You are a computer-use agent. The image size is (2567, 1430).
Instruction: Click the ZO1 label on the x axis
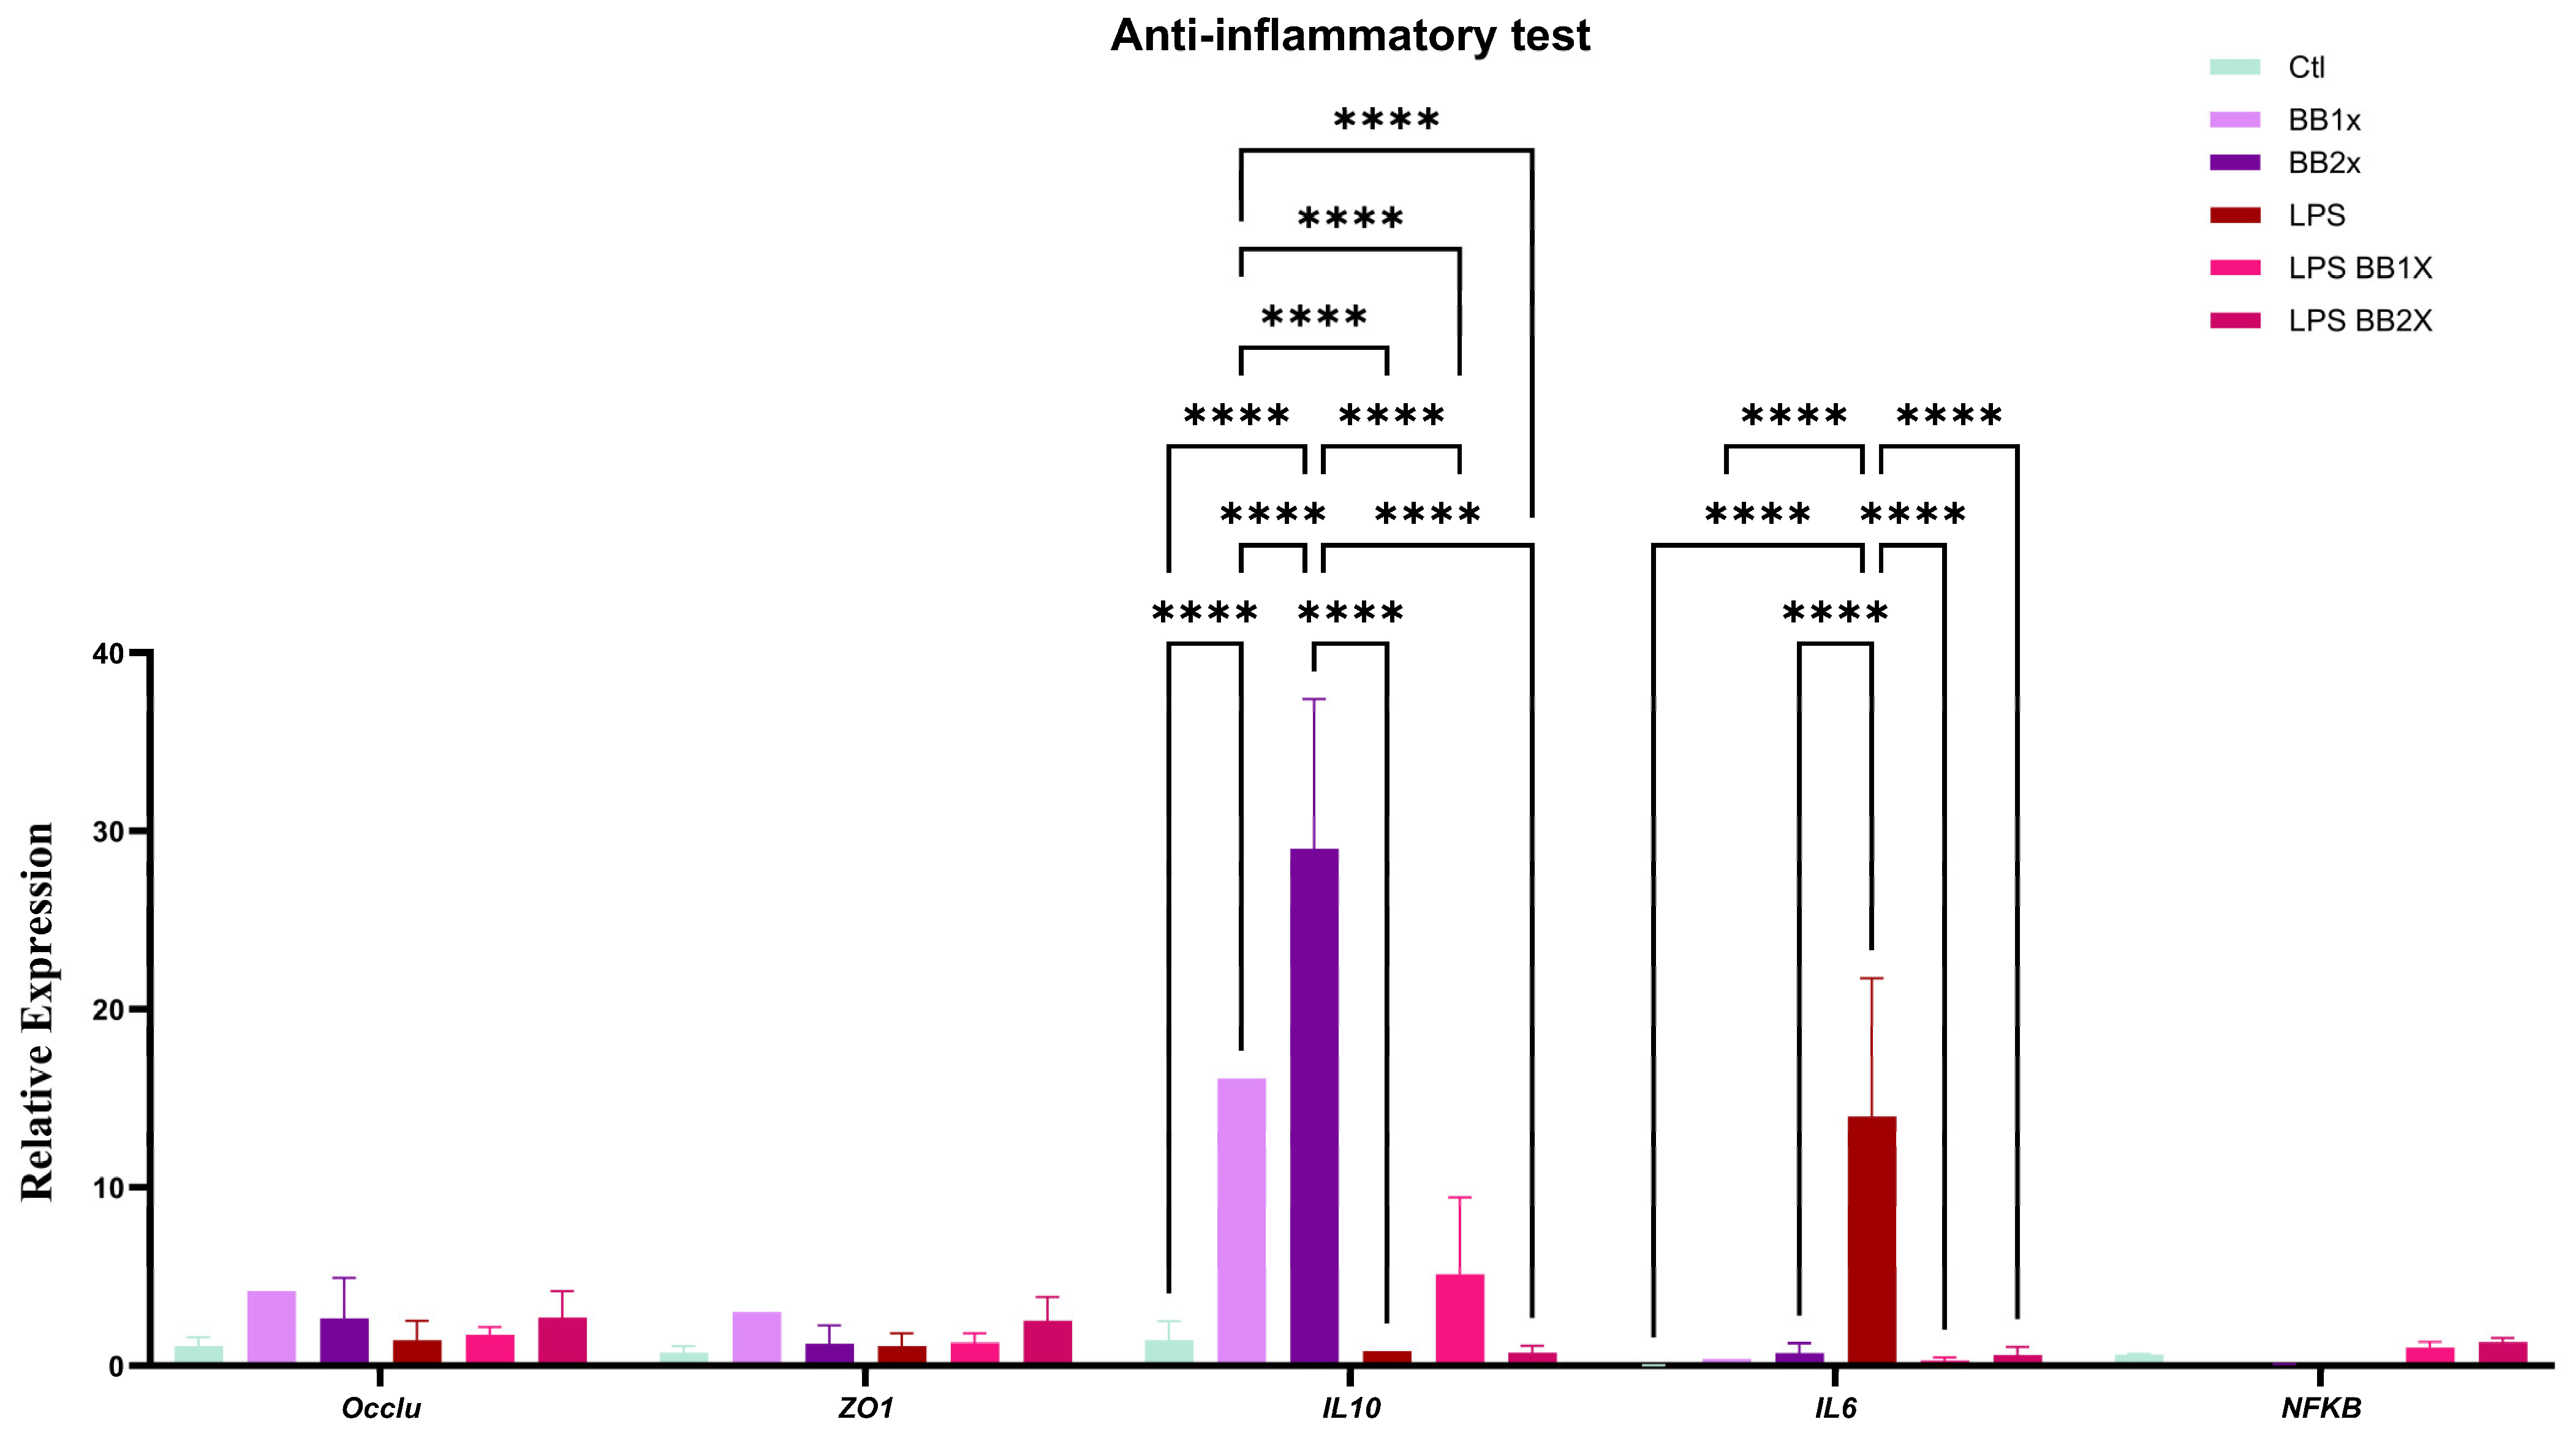[x=865, y=1407]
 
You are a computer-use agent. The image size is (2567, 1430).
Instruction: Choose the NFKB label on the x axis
[x=2320, y=1407]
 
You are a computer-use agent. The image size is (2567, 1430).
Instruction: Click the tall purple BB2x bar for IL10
[x=1314, y=1106]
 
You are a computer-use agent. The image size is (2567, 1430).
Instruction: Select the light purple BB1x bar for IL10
[x=1242, y=1220]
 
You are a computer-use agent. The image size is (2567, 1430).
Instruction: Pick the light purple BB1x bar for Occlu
[x=271, y=1326]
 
